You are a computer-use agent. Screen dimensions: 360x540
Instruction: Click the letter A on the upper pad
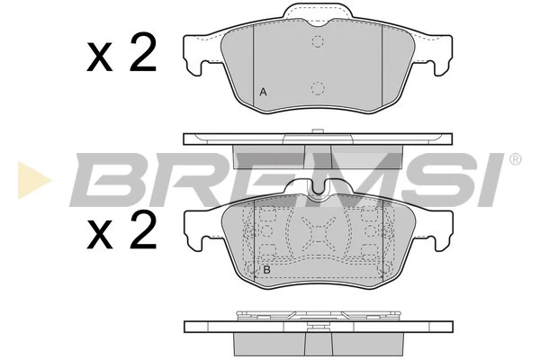[263, 92]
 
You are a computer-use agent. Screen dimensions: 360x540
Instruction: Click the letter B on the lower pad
[266, 269]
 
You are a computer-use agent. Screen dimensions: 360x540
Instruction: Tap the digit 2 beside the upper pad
[142, 55]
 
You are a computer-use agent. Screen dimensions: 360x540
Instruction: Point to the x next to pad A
[99, 58]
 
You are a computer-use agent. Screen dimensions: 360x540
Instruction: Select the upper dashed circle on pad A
[318, 41]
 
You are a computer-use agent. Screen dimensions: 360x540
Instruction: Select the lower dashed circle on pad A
[318, 87]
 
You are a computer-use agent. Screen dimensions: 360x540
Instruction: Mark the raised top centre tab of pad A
[317, 13]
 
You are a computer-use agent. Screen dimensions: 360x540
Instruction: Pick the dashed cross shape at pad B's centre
[318, 237]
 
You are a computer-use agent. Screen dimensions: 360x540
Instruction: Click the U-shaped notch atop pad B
[317, 190]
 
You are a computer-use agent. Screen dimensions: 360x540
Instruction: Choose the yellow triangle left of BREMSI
[30, 180]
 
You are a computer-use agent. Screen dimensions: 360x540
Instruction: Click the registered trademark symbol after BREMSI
[515, 160]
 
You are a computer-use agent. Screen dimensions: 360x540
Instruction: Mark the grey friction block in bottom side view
[317, 345]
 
